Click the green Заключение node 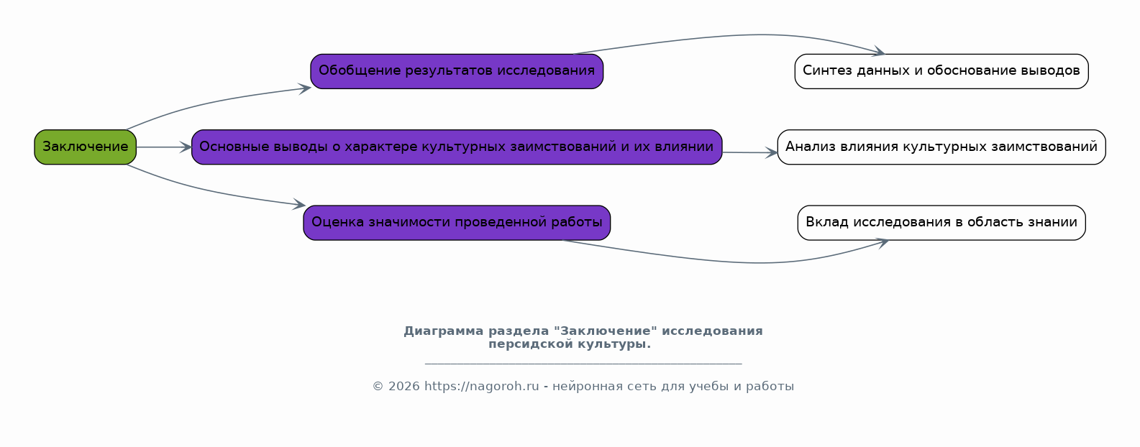(86, 147)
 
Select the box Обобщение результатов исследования (457, 71)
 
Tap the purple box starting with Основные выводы (457, 147)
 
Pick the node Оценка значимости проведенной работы (457, 223)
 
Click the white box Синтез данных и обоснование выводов (941, 71)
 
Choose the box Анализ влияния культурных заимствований (941, 147)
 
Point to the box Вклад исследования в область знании (941, 223)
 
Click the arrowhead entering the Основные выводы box (186, 147)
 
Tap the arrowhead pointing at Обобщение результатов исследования (305, 89)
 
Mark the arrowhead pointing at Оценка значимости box (298, 204)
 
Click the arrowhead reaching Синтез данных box (879, 51)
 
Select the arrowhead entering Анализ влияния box (772, 152)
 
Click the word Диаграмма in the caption (443, 331)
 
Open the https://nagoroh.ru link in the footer (481, 387)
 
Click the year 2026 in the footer (404, 387)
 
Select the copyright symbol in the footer (378, 387)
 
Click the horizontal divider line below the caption (583, 364)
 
